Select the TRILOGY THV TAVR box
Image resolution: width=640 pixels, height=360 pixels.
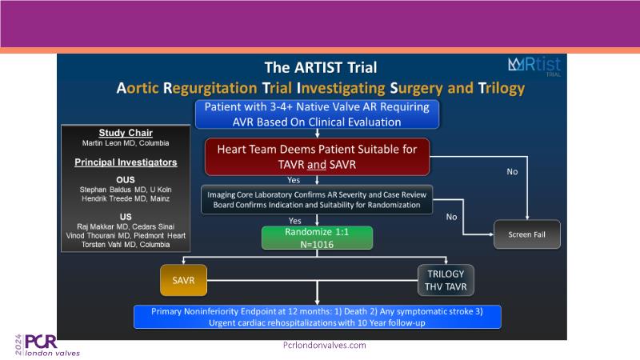click(446, 281)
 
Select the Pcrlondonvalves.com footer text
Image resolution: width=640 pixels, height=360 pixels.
click(324, 345)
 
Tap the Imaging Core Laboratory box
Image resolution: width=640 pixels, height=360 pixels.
click(317, 200)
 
